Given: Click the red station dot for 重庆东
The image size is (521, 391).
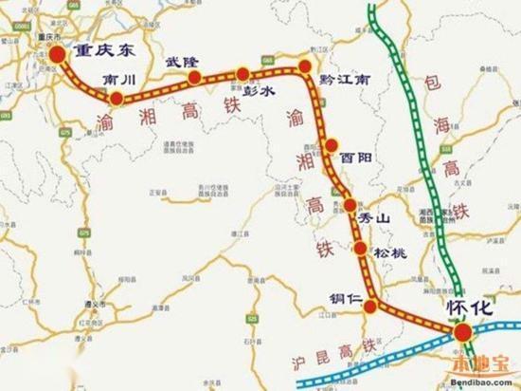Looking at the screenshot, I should coord(59,55).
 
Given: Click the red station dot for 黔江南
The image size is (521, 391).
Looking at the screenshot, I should coord(305,65).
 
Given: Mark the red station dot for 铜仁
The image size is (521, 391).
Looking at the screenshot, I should coord(372,306).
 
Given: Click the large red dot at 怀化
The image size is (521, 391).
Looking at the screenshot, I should coord(462,332).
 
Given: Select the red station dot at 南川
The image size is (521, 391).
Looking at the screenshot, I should coord(116,99).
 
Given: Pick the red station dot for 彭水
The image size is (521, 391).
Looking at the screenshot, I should coord(243,74).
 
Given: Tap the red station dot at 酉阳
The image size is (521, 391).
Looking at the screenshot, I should coord(332,145).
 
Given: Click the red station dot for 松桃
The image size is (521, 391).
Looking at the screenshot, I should coord(361,250).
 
